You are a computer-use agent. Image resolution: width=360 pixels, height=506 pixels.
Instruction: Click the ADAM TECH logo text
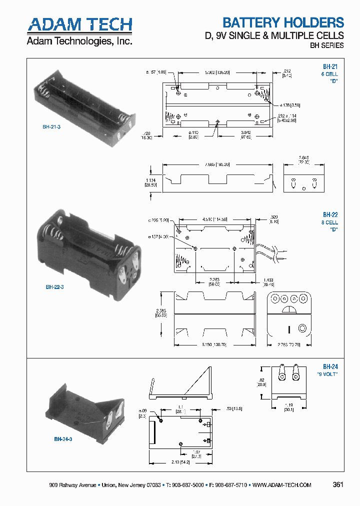(79, 24)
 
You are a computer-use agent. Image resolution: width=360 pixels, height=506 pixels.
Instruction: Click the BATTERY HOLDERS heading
(283, 22)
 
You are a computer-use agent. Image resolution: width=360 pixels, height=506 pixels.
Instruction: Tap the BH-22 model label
(330, 214)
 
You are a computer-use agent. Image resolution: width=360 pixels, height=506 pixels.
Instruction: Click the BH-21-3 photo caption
(52, 127)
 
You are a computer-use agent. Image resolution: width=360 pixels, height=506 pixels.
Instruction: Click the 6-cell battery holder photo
(82, 104)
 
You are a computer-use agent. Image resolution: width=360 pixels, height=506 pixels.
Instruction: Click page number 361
(337, 485)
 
